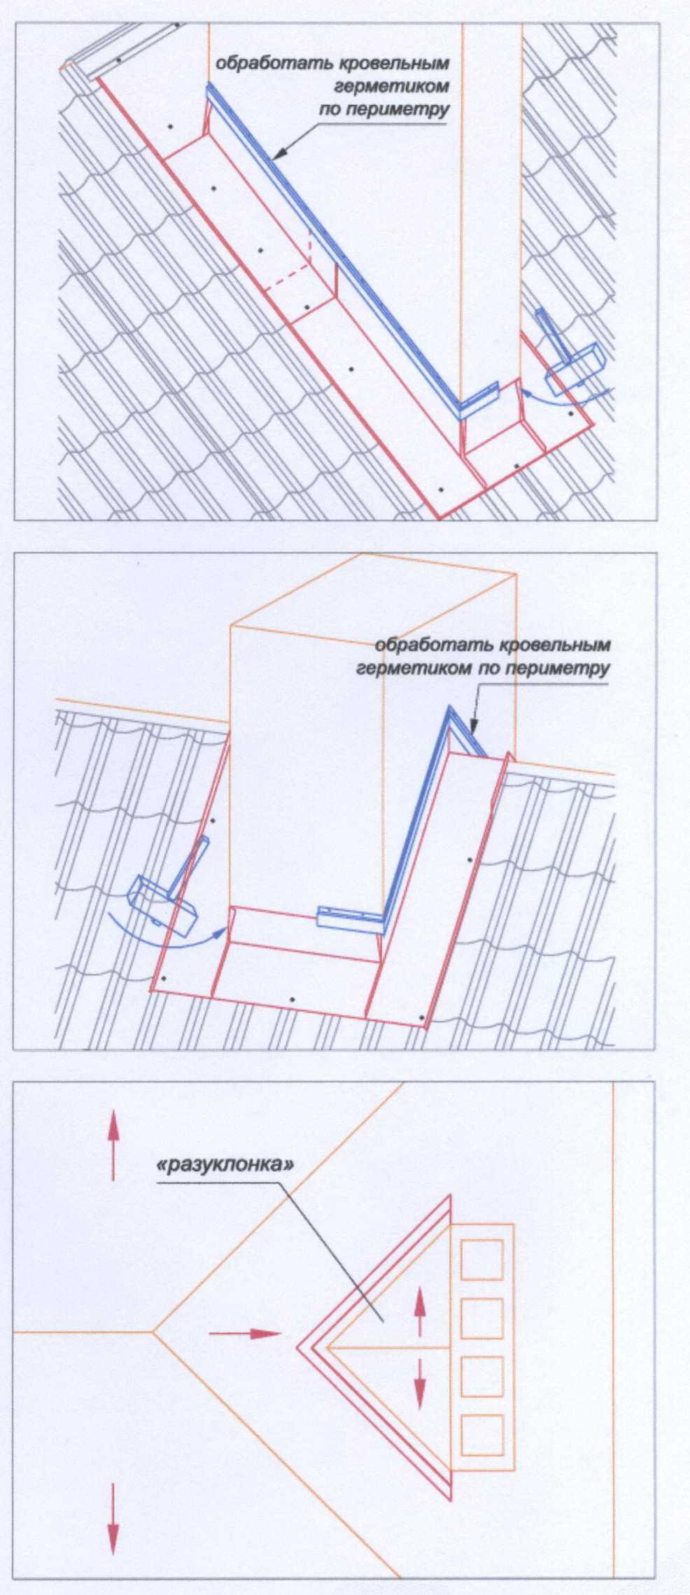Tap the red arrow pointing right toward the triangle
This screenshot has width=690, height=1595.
pos(245,1333)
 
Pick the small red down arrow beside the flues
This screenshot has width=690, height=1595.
pos(419,1383)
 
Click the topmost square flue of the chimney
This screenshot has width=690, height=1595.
pos(482,1259)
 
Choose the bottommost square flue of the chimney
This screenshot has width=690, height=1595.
pos(482,1435)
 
